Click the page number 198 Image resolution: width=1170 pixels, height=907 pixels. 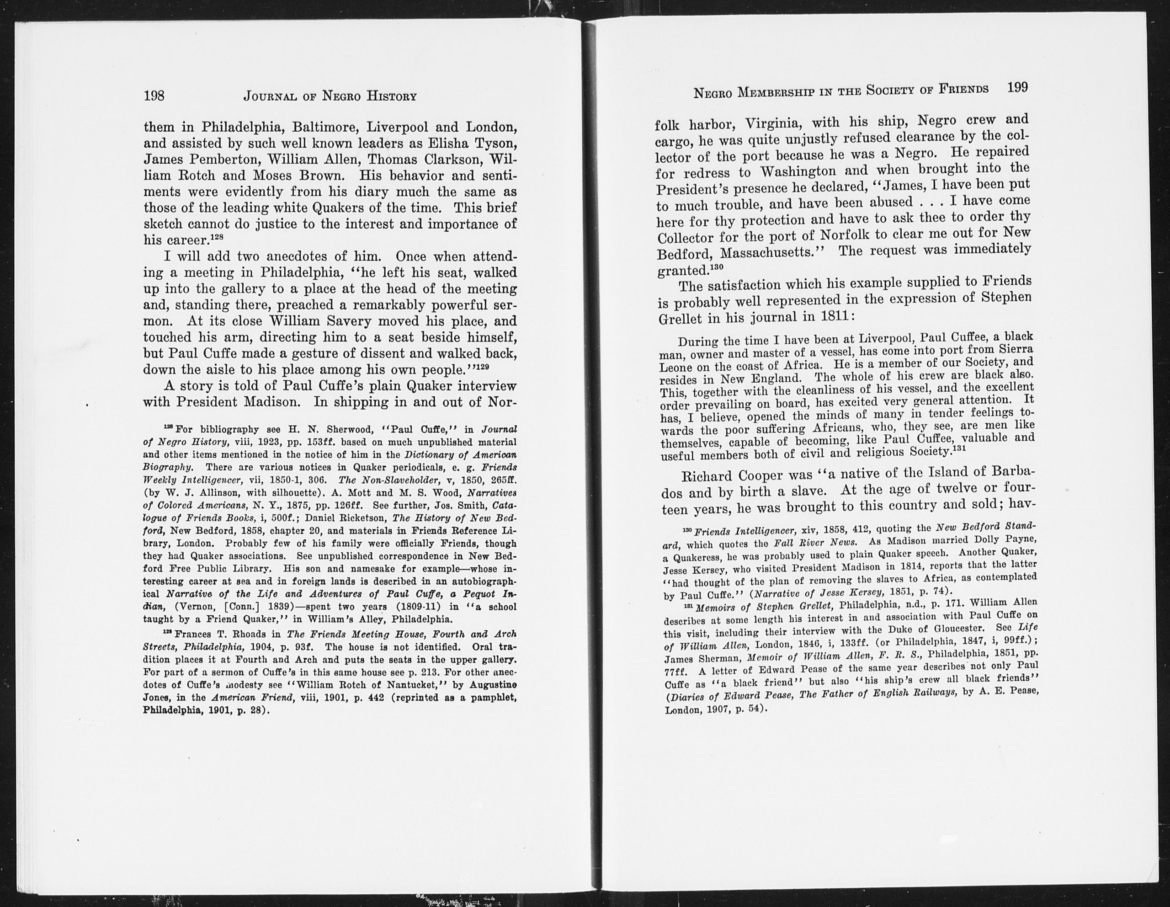tap(154, 96)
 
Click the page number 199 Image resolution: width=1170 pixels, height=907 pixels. tap(1017, 87)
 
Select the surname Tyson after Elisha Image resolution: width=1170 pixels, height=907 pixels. tap(495, 144)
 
